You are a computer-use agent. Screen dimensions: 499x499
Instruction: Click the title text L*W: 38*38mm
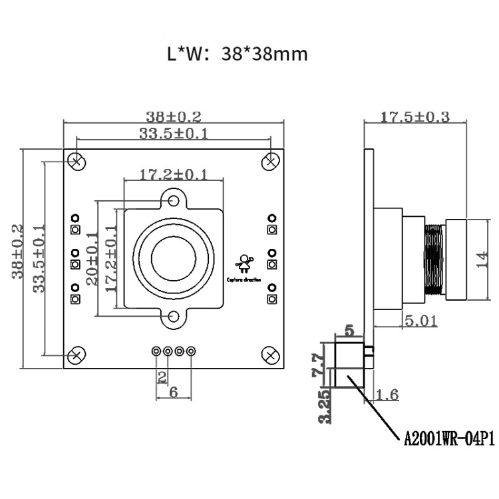pos(238,54)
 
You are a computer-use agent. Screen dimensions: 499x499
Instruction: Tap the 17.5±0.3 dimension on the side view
pos(415,117)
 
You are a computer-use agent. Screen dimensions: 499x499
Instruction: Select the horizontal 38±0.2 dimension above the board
pos(173,116)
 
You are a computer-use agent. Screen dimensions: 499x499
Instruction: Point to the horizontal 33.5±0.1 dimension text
pos(174,134)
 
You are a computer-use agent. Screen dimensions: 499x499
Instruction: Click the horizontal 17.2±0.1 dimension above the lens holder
pos(173,175)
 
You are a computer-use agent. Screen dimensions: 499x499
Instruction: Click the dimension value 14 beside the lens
pos(484,259)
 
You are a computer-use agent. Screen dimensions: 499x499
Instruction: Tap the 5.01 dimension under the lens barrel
pos(420,321)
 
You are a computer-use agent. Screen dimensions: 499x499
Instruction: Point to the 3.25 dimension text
pos(323,407)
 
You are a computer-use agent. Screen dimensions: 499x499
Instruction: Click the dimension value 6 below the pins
pos(174,393)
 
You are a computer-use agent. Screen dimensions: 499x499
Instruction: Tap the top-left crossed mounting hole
pos(77,161)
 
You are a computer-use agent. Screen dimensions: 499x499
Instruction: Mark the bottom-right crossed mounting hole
pos(271,355)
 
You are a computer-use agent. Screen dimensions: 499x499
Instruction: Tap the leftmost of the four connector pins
pos(156,351)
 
